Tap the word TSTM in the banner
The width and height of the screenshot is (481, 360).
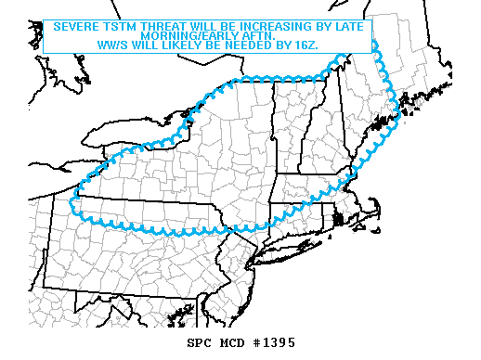119,27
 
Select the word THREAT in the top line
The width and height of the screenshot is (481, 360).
162,27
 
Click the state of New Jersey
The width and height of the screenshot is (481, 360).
243,264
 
